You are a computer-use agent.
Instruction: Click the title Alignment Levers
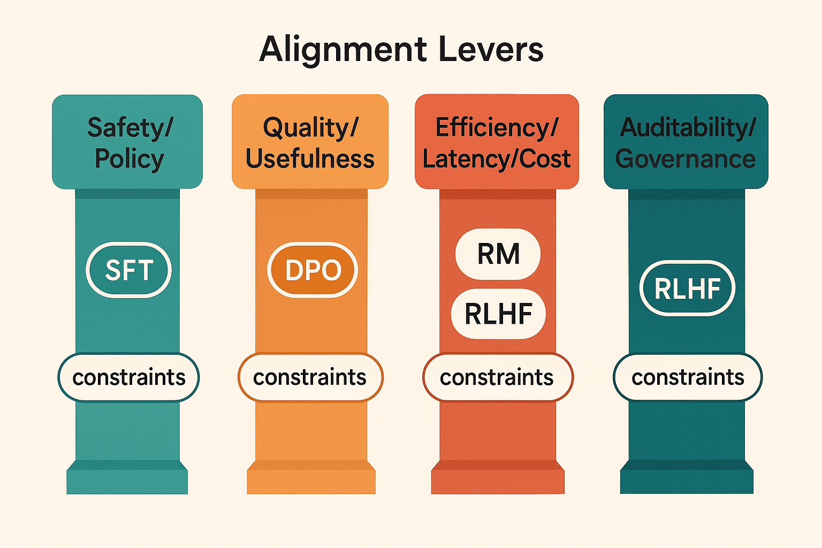pyautogui.click(x=401, y=50)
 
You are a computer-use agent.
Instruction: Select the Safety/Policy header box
pyautogui.click(x=127, y=142)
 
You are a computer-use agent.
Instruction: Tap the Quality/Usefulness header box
pyautogui.click(x=310, y=142)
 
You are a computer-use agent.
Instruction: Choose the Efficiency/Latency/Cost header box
pyautogui.click(x=497, y=142)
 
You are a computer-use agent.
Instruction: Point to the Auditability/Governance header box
pyautogui.click(x=686, y=142)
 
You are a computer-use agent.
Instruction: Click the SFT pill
pyautogui.click(x=128, y=270)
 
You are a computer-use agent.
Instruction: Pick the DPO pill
pyautogui.click(x=313, y=270)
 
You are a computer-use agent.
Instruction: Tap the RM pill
pyautogui.click(x=498, y=254)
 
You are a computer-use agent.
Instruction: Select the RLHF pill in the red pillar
pyautogui.click(x=498, y=314)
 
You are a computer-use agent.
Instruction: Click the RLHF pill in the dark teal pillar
pyautogui.click(x=687, y=288)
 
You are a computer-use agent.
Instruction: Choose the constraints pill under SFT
pyautogui.click(x=128, y=377)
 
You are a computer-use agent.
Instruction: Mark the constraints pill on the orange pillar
pyautogui.click(x=310, y=377)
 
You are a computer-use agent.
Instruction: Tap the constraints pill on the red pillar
pyautogui.click(x=498, y=377)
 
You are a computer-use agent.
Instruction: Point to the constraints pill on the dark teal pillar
pyautogui.click(x=688, y=377)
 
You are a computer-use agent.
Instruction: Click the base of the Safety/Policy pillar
pyautogui.click(x=127, y=477)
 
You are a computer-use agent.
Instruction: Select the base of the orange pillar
pyautogui.click(x=311, y=477)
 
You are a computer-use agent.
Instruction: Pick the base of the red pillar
pyautogui.click(x=498, y=477)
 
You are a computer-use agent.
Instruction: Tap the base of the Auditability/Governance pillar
pyautogui.click(x=687, y=477)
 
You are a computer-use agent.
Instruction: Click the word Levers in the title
pyautogui.click(x=491, y=50)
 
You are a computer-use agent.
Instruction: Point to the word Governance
pyautogui.click(x=686, y=159)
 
